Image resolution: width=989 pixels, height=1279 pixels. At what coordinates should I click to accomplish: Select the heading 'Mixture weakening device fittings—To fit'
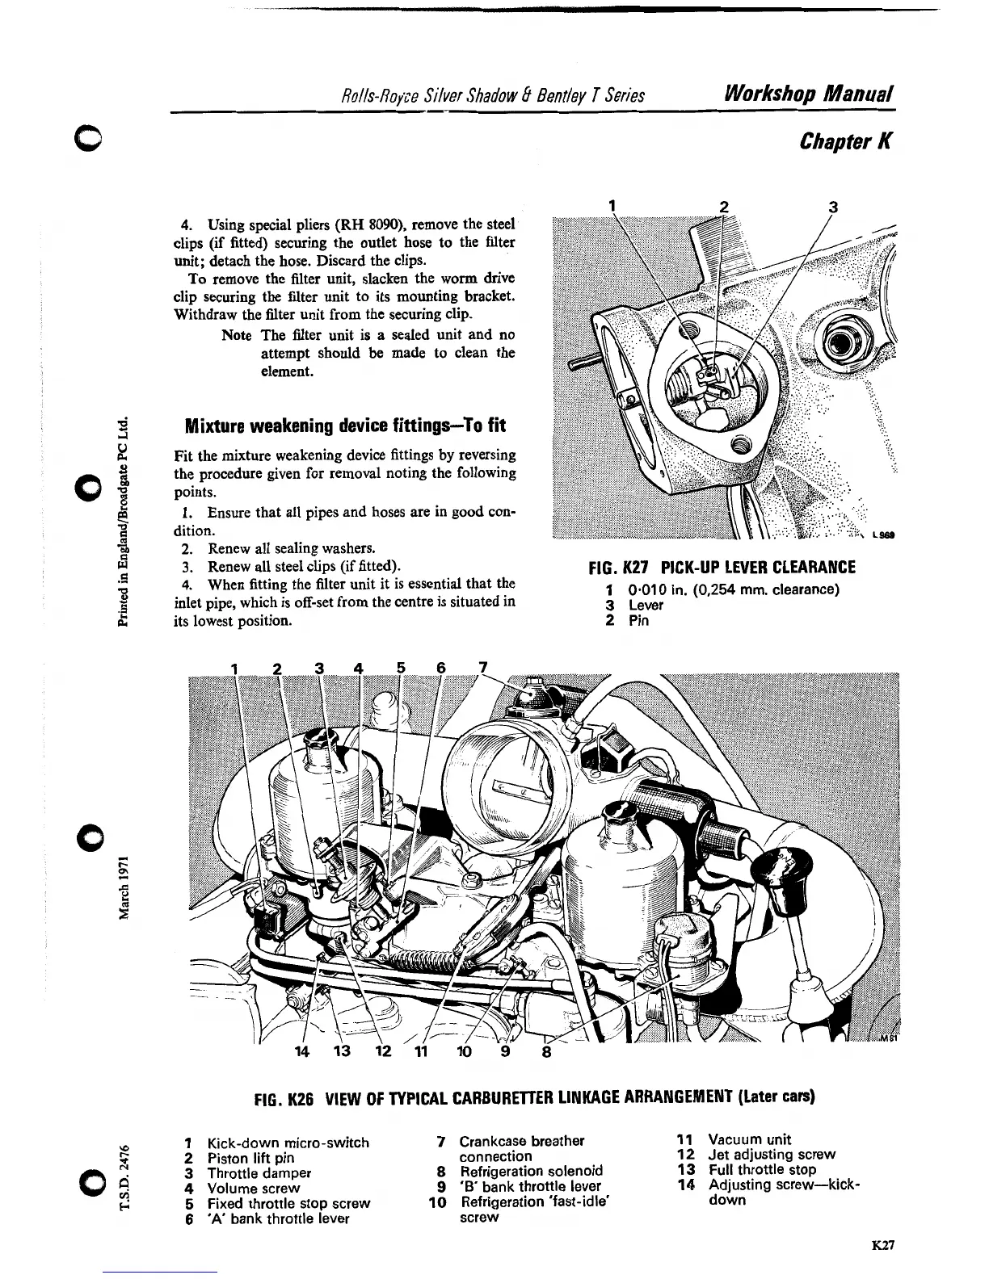tap(346, 426)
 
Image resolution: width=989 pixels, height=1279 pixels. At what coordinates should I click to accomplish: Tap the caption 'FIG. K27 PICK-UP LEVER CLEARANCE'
tap(723, 568)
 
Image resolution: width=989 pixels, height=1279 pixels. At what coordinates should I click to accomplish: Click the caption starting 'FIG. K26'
tap(533, 1098)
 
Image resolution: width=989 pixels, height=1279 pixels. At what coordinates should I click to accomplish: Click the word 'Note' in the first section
tap(237, 335)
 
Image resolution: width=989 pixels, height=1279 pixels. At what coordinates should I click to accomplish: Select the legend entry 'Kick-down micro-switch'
tap(288, 1143)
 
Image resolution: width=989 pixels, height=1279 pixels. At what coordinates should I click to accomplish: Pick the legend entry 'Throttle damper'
tap(259, 1173)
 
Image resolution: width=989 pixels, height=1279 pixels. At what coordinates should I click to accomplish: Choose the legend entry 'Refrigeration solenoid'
tap(531, 1172)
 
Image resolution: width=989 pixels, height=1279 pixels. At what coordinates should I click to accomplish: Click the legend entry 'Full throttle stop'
tap(762, 1170)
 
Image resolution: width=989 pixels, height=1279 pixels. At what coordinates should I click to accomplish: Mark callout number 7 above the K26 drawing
tap(483, 667)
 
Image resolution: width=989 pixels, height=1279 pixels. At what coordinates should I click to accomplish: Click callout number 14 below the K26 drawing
tap(302, 1052)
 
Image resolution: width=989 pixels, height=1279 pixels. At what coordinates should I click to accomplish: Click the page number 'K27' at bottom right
tap(883, 1245)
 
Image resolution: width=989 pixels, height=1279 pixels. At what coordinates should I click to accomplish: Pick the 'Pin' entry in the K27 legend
tap(638, 620)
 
